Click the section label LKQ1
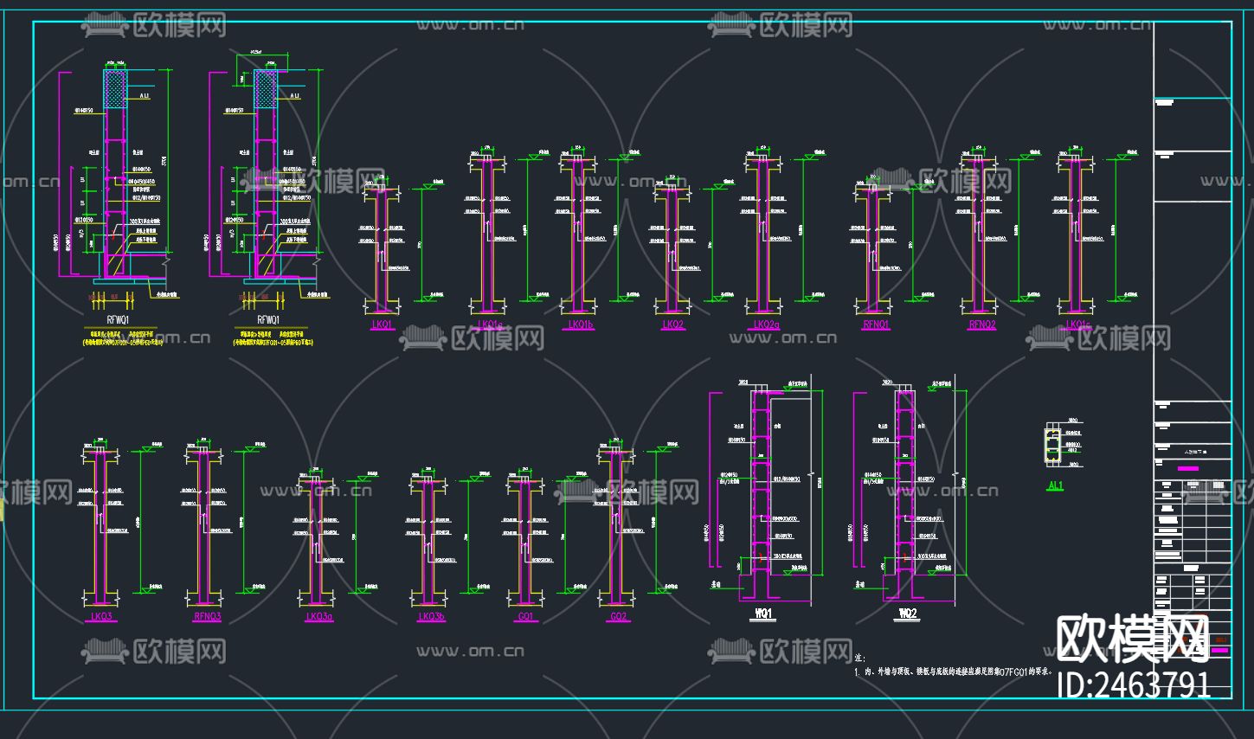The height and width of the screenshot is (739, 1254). (x=382, y=325)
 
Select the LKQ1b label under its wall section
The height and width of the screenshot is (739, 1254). (x=580, y=325)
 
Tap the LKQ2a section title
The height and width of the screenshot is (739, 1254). (x=766, y=325)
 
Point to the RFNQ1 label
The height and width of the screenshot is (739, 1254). (x=876, y=325)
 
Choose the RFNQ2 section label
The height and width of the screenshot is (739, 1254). (x=982, y=325)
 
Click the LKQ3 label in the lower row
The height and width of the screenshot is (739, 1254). (x=101, y=617)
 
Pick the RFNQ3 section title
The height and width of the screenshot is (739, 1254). (x=208, y=617)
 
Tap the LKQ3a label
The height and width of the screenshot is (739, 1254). (x=318, y=617)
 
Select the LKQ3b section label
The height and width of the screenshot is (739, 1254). (x=431, y=617)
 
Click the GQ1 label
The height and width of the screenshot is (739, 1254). (x=525, y=617)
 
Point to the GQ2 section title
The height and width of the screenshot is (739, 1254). (x=618, y=617)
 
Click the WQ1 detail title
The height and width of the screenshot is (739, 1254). (x=763, y=615)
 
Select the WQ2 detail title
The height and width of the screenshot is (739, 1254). (x=908, y=614)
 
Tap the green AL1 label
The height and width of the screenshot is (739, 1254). (x=1055, y=486)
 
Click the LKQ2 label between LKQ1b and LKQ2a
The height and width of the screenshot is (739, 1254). (x=672, y=325)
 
